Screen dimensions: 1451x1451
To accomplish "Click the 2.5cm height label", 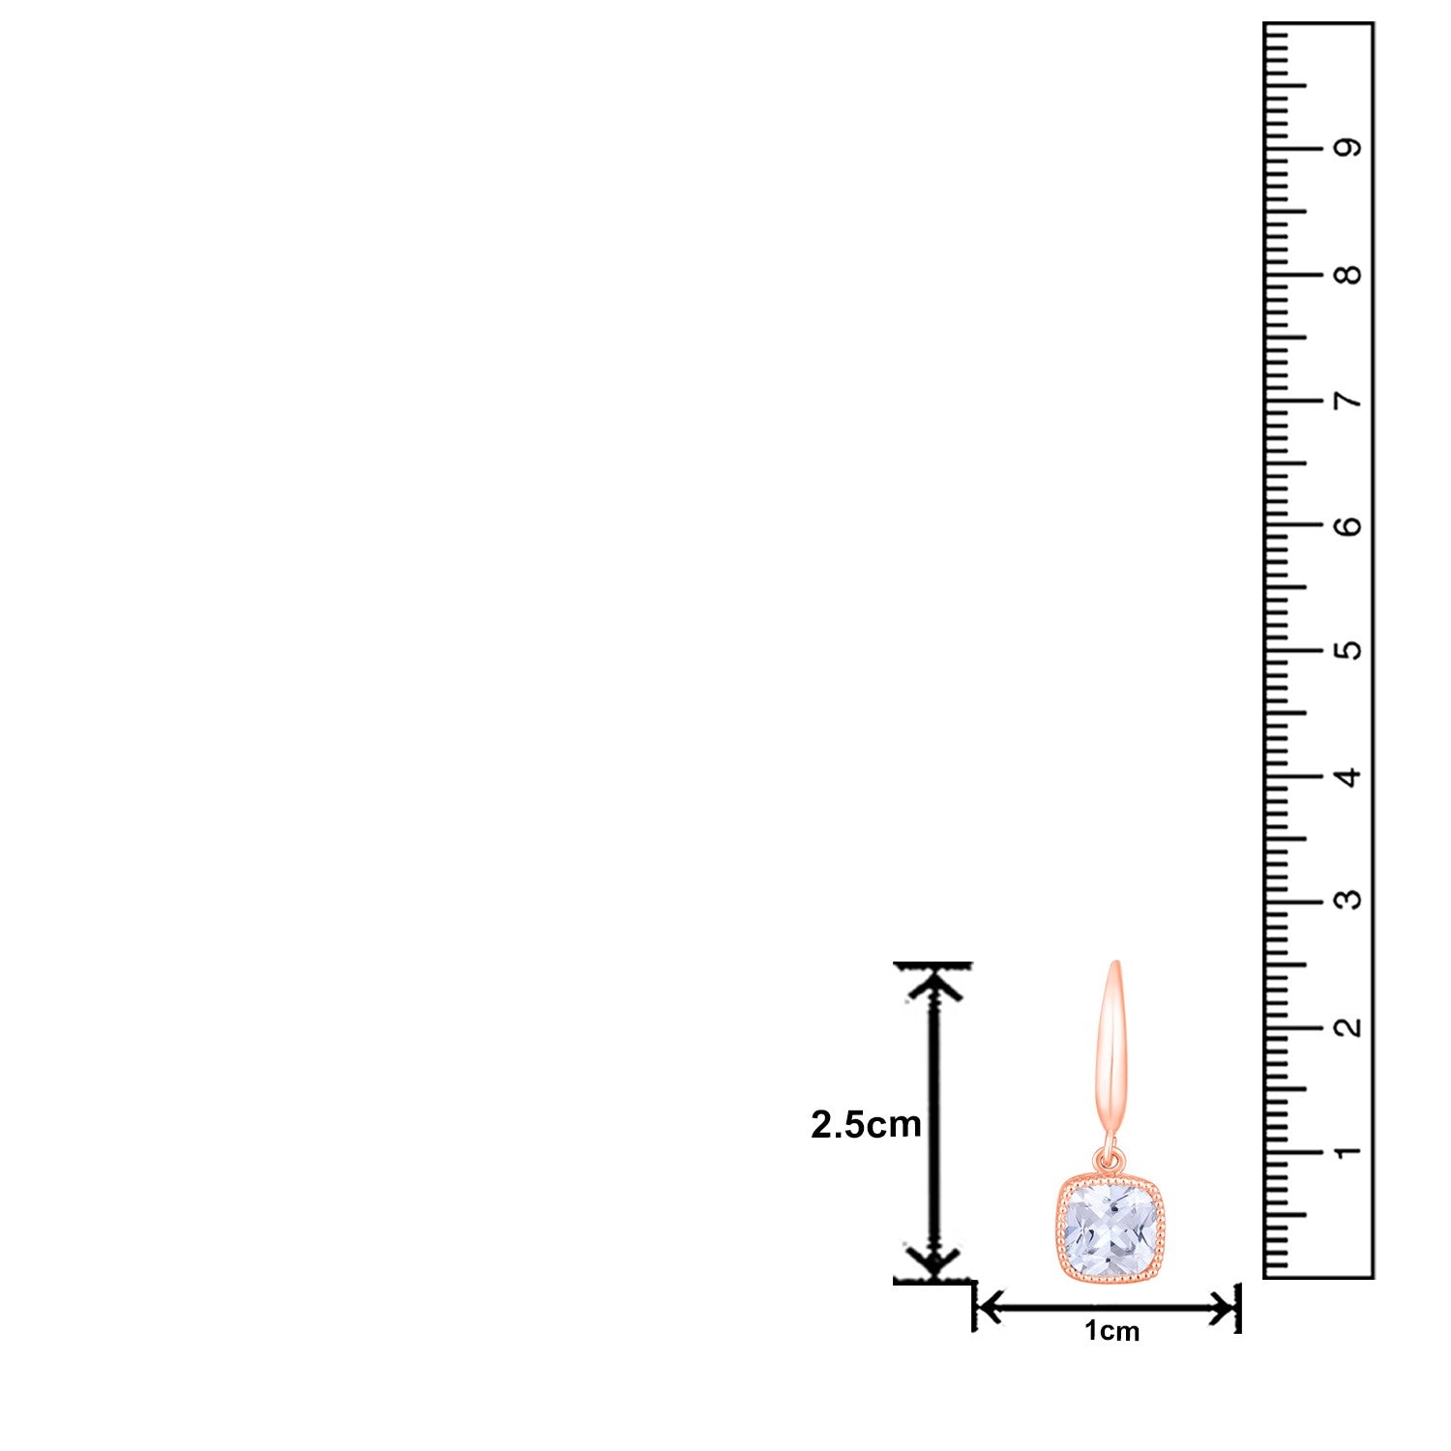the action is (866, 1124).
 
